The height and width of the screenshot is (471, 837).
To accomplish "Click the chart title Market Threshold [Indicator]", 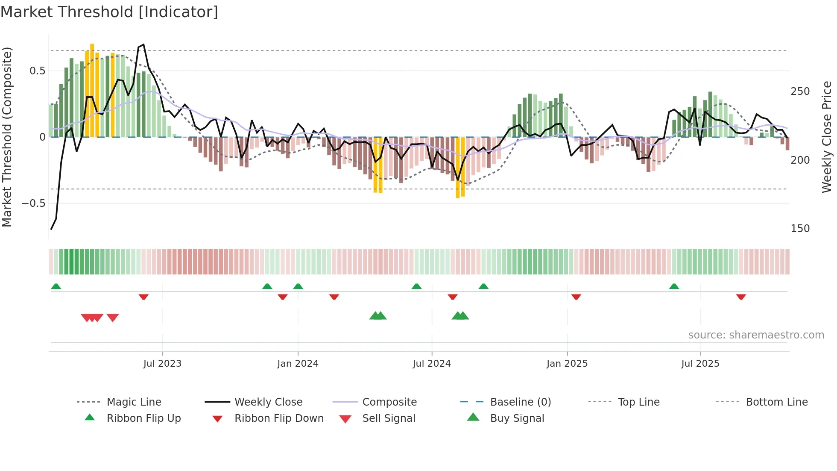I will click(x=109, y=12).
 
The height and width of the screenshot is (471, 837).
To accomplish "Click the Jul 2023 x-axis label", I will click(x=162, y=364).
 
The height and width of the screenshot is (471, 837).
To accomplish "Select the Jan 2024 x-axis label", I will click(x=298, y=364).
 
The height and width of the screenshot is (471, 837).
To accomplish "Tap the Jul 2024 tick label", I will click(x=432, y=364).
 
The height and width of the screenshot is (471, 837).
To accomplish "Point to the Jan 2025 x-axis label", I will click(x=567, y=364).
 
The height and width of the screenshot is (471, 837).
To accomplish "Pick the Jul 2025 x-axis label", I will click(x=700, y=364).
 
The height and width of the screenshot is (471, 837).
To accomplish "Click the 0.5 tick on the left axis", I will click(x=38, y=71).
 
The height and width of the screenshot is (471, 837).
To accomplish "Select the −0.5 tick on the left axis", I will click(x=34, y=203).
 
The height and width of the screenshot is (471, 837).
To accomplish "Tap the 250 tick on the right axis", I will click(x=800, y=91).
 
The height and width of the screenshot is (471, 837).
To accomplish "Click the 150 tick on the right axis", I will click(x=800, y=229).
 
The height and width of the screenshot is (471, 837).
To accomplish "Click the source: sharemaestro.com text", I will click(x=756, y=335).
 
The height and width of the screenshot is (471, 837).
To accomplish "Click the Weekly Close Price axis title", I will click(x=827, y=137).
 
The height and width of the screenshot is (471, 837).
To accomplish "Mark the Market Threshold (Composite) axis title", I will click(x=7, y=137).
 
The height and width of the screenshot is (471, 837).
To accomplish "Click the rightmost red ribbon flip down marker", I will click(x=741, y=297).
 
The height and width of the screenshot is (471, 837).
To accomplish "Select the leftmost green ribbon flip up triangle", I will click(x=56, y=286).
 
